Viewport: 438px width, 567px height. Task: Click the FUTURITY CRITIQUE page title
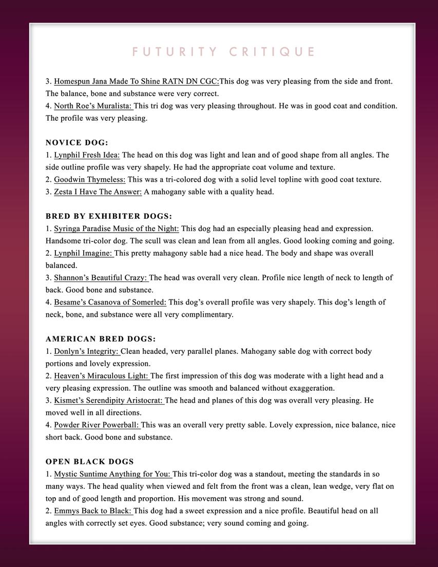[223, 52]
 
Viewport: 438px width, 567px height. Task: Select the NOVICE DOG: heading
[77, 143]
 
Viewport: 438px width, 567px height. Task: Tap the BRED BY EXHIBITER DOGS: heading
[109, 216]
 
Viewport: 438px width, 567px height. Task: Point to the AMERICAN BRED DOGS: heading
[101, 339]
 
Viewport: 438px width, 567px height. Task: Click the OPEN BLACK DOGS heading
[90, 462]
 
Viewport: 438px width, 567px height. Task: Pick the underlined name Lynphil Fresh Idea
[87, 155]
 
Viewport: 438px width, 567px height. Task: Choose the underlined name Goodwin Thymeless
[89, 180]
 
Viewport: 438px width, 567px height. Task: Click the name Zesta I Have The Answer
[98, 192]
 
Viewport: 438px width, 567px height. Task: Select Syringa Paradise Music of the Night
[116, 229]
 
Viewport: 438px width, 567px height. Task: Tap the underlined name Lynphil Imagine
[83, 253]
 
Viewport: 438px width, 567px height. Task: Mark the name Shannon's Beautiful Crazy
[101, 278]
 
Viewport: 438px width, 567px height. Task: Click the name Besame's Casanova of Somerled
[110, 303]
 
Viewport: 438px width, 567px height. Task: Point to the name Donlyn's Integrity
[86, 351]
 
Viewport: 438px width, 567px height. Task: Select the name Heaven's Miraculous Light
[101, 376]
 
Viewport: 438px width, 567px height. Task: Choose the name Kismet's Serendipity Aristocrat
[108, 401]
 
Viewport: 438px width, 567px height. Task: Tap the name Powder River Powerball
[97, 425]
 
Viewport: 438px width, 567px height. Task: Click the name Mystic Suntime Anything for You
[112, 474]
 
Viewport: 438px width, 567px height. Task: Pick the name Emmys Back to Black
[92, 511]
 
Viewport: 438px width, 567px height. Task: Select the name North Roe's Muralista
[93, 106]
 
